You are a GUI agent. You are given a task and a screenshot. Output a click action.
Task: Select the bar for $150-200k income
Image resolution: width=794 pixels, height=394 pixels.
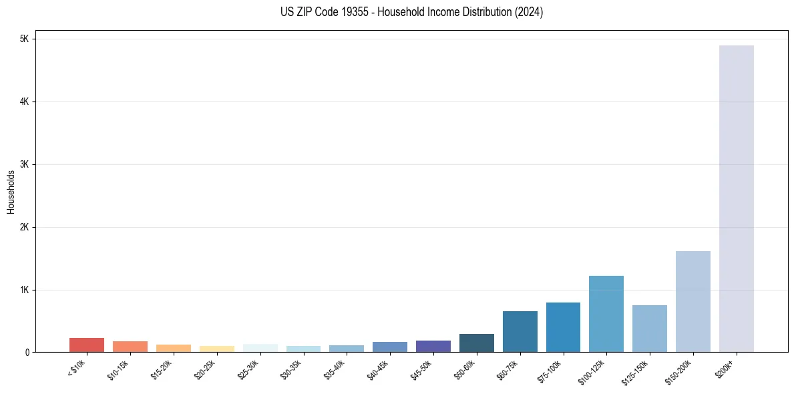tap(692, 301)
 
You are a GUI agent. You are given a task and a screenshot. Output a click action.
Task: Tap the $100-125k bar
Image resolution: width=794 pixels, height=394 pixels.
tap(606, 314)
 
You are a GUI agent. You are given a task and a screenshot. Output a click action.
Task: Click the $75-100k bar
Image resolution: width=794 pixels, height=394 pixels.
tap(563, 327)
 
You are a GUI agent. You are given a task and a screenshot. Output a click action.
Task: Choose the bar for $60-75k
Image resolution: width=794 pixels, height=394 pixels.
tap(520, 331)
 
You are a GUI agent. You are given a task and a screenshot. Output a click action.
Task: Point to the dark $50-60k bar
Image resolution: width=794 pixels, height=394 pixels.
tap(476, 343)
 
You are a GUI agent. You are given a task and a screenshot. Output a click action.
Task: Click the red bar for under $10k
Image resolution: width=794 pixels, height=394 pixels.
tap(87, 345)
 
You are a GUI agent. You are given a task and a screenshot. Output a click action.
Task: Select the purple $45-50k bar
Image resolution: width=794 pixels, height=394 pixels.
tap(433, 346)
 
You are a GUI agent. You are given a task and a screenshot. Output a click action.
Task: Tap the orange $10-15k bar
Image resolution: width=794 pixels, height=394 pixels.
tap(130, 347)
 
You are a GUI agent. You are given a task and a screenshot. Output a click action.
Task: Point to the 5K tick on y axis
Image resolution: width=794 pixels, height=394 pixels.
tap(25, 39)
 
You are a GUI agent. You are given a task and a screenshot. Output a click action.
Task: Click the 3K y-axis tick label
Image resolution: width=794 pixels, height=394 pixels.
tap(25, 164)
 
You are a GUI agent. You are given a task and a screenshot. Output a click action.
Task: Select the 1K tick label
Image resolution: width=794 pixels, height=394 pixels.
tap(25, 290)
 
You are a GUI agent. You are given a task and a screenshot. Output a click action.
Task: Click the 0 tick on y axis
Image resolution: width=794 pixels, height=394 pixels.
tap(27, 353)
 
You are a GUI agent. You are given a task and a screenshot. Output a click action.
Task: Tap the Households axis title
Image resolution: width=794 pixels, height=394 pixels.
tap(11, 192)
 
